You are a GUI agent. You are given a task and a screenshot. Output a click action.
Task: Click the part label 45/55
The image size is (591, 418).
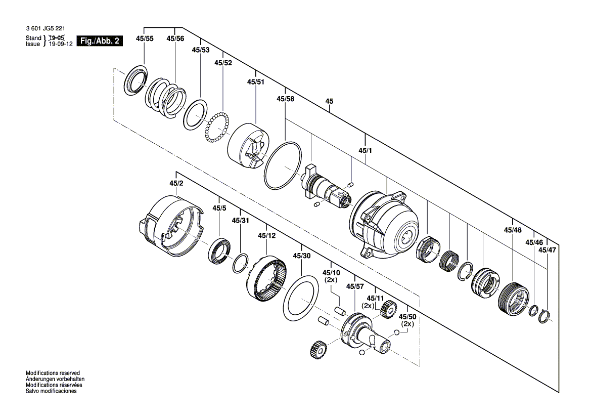click(x=145, y=38)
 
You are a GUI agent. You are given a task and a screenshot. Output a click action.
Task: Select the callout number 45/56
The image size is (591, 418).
click(x=175, y=38)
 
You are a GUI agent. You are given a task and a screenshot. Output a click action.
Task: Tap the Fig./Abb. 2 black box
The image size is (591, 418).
click(x=99, y=41)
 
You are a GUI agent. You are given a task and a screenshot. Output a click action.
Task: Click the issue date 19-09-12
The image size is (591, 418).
click(x=60, y=44)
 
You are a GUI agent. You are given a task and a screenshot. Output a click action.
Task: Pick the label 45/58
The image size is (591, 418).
click(x=285, y=99)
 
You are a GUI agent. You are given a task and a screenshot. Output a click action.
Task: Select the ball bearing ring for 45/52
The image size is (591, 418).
click(x=217, y=128)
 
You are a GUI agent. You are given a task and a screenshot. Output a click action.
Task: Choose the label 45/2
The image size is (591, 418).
click(x=176, y=183)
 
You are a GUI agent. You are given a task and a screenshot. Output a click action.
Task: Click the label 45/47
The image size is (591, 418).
click(x=547, y=250)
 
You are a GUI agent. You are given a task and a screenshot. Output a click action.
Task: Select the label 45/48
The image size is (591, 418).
click(x=513, y=230)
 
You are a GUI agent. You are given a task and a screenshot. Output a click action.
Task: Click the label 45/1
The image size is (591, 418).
click(x=365, y=151)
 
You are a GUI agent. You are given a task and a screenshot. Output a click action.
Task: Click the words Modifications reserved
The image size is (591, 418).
click(x=53, y=373)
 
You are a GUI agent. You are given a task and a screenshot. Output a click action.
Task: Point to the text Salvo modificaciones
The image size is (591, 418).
click(x=51, y=391)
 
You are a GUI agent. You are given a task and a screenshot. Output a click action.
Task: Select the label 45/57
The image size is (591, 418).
click(x=355, y=286)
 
